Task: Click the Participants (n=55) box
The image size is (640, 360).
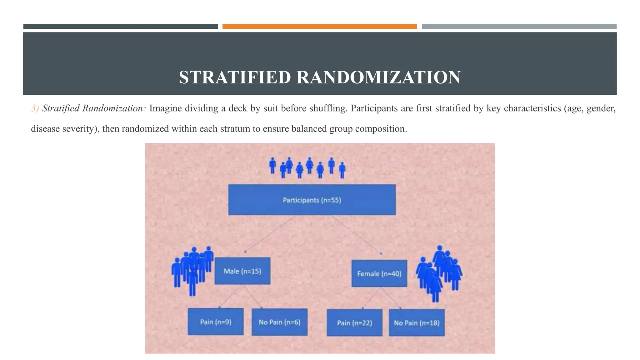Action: (x=312, y=200)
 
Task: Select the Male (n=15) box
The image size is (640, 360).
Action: (x=242, y=271)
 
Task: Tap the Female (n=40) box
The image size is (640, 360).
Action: (x=379, y=273)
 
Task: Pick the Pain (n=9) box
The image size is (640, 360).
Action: (x=216, y=322)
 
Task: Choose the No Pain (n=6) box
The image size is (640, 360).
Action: (x=279, y=322)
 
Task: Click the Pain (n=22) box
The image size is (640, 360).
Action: (x=354, y=322)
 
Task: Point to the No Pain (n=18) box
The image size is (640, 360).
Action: (x=417, y=322)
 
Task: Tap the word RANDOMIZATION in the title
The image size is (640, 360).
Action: (x=378, y=77)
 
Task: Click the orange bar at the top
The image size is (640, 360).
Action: (x=319, y=27)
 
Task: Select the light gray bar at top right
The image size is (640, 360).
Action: (x=519, y=27)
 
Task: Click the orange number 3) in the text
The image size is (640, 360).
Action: (x=35, y=108)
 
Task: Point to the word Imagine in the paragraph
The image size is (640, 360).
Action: (x=165, y=108)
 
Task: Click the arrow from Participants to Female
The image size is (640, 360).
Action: (x=356, y=234)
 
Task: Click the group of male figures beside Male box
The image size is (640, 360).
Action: (x=192, y=270)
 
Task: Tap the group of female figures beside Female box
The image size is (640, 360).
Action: (x=439, y=272)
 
